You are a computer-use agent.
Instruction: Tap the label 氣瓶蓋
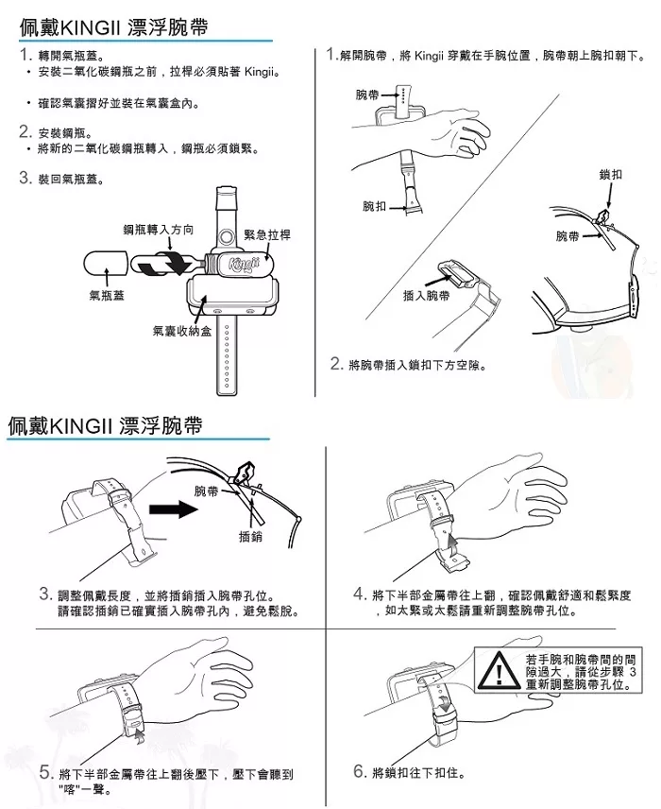click(107, 296)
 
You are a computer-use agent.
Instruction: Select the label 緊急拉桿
click(267, 235)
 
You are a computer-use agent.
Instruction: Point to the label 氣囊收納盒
click(182, 331)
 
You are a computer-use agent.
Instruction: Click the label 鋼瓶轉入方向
click(159, 230)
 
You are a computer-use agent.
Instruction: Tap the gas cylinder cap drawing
click(106, 264)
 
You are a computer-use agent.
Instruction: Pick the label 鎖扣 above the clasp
click(611, 175)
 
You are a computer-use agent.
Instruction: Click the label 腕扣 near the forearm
click(374, 206)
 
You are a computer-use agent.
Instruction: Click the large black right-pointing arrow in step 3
click(173, 509)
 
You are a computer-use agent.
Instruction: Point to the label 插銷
click(250, 537)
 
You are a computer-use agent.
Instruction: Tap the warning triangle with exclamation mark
click(498, 671)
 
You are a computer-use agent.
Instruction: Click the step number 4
click(360, 594)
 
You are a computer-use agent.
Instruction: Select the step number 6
click(360, 771)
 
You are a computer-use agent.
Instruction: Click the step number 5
click(45, 773)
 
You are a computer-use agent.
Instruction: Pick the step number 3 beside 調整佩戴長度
click(45, 594)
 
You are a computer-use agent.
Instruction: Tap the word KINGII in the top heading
click(87, 27)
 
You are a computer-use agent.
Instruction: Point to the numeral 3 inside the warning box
click(633, 672)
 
